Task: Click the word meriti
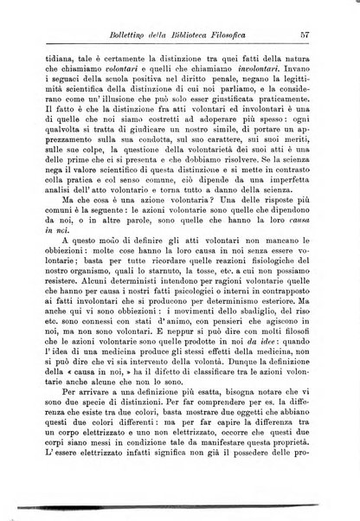299,158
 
